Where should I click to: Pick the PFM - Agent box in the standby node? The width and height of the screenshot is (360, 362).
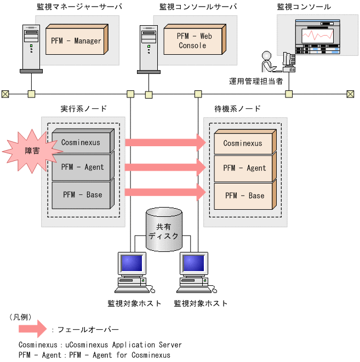[243, 168]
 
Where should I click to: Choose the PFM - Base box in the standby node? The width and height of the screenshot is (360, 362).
[243, 196]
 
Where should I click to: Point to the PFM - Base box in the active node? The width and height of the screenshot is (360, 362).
[82, 194]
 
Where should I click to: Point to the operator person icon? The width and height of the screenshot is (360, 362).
[268, 61]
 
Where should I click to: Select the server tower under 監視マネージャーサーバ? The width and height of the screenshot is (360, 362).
[31, 48]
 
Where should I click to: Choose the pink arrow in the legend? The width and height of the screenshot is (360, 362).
[32, 329]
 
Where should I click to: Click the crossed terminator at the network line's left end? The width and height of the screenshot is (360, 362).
[5, 94]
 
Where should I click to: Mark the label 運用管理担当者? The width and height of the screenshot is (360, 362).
[256, 81]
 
